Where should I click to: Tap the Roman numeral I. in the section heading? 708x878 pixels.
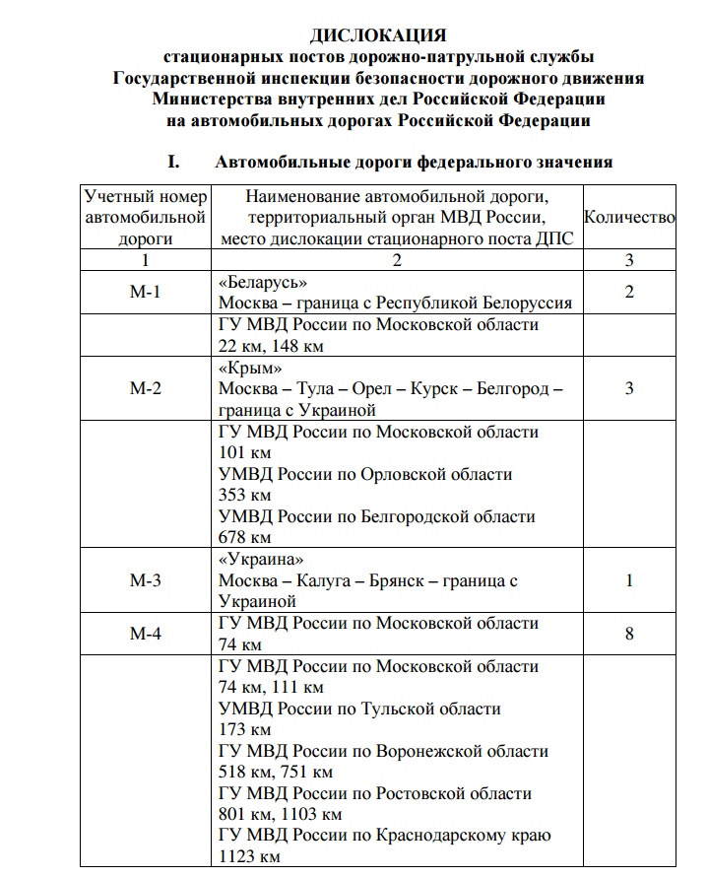click(x=176, y=162)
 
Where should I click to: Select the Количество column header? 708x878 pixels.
click(x=629, y=217)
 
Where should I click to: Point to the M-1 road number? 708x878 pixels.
click(x=145, y=292)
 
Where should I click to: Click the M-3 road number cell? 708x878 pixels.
click(x=145, y=580)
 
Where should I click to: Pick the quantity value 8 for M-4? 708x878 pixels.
click(x=629, y=634)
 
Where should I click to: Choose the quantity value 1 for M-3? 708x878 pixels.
click(x=629, y=580)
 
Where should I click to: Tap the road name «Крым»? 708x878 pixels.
click(x=242, y=368)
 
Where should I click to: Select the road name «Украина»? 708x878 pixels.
click(x=254, y=560)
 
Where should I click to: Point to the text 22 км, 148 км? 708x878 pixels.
click(x=271, y=345)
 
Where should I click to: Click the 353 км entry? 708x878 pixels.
click(x=244, y=495)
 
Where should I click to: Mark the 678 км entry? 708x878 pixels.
click(x=244, y=537)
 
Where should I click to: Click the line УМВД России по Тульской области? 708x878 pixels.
click(x=359, y=709)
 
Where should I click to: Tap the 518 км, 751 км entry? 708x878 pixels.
click(x=276, y=773)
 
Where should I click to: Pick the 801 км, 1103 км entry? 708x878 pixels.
click(x=281, y=815)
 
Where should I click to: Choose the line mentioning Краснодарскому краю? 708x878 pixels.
click(x=385, y=836)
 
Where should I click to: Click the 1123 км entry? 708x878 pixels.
click(x=249, y=857)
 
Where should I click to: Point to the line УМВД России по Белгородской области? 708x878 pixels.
click(x=379, y=516)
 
